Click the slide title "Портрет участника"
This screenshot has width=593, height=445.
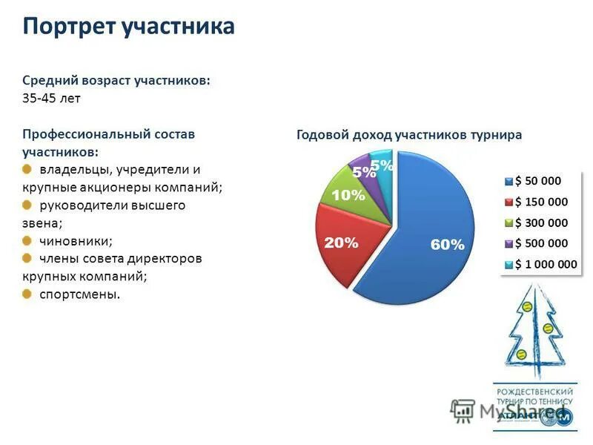click(x=128, y=27)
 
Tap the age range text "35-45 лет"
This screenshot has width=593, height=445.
click(x=51, y=99)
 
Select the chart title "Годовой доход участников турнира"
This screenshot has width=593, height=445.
click(x=409, y=135)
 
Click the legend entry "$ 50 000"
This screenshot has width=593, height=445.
click(x=537, y=180)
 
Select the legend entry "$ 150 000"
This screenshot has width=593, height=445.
click(x=540, y=202)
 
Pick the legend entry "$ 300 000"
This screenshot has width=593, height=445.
click(x=540, y=222)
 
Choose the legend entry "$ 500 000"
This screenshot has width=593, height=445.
click(x=540, y=243)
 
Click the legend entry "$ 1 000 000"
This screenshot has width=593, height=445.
click(x=545, y=264)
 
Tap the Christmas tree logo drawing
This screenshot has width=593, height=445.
click(x=535, y=330)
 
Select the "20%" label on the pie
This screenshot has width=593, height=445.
click(x=341, y=243)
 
